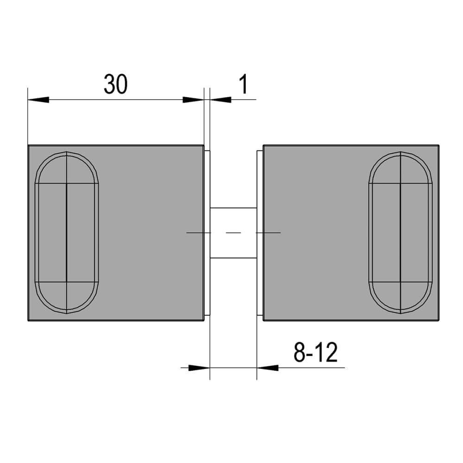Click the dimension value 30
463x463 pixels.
click(115, 84)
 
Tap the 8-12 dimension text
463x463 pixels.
click(315, 353)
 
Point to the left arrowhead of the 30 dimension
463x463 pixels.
click(38, 100)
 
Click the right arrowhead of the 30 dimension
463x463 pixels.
click(193, 100)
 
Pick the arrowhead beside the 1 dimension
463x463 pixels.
click(220, 100)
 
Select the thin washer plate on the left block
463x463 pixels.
click(207, 278)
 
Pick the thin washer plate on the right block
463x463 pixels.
click(260, 278)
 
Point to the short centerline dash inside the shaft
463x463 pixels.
click(233, 232)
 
